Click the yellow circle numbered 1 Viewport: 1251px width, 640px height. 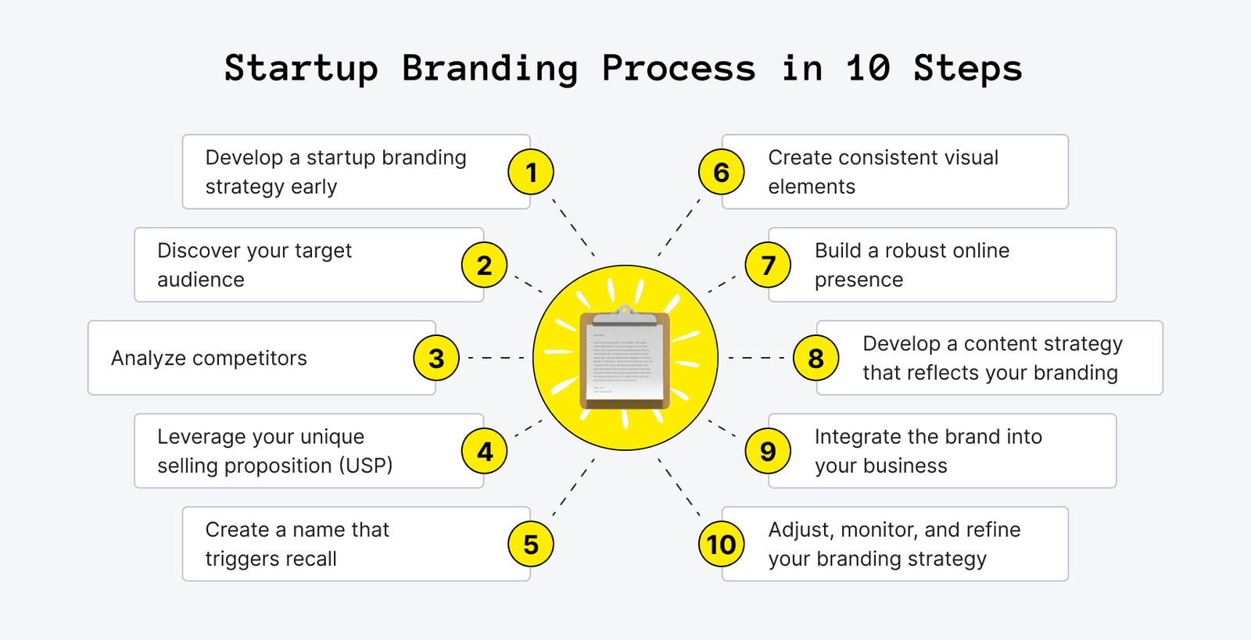click(531, 172)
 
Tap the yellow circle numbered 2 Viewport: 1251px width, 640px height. click(484, 265)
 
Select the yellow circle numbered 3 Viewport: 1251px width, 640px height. click(436, 358)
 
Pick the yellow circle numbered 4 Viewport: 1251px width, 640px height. click(484, 451)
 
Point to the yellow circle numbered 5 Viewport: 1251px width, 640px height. click(531, 544)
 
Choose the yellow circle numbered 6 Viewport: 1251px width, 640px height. click(721, 172)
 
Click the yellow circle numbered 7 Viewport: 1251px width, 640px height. click(768, 265)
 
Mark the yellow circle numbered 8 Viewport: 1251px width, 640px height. click(815, 358)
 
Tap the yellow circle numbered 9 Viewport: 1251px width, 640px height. click(768, 451)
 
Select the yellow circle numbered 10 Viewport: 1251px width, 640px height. click(721, 544)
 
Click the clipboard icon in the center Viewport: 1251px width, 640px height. click(625, 358)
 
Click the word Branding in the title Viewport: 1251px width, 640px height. click(489, 69)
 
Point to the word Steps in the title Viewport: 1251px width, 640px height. click(967, 69)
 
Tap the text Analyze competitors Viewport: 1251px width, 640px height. click(209, 358)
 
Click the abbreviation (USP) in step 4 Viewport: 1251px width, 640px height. click(365, 466)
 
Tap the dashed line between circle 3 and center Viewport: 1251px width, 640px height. click(496, 358)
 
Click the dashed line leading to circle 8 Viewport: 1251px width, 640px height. click(756, 358)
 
